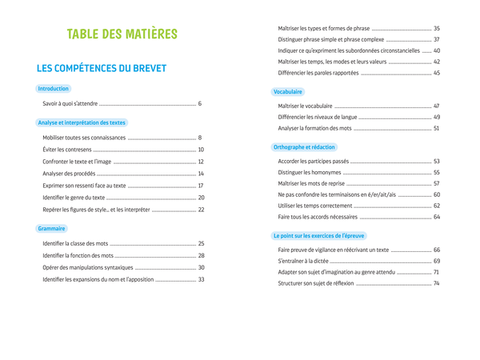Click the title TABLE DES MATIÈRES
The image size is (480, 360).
click(x=122, y=34)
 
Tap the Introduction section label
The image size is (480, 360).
click(x=54, y=89)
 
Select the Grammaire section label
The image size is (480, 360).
click(x=51, y=229)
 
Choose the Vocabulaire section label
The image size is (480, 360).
click(x=288, y=92)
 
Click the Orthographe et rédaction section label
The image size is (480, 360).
click(x=305, y=147)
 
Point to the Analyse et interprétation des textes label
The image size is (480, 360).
click(x=82, y=122)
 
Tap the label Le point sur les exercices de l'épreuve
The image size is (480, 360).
click(x=318, y=236)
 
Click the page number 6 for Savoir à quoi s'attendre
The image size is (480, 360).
click(x=199, y=104)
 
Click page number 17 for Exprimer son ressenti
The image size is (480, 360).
click(x=201, y=186)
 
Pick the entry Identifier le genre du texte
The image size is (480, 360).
click(x=74, y=198)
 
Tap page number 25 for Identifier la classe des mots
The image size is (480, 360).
click(x=201, y=243)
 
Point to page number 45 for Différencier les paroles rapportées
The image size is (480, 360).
click(x=437, y=73)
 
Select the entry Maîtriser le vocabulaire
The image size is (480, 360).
click(x=305, y=106)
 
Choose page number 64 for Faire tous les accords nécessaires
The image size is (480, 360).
click(x=437, y=217)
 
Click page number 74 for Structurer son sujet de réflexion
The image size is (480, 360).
click(x=437, y=283)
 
